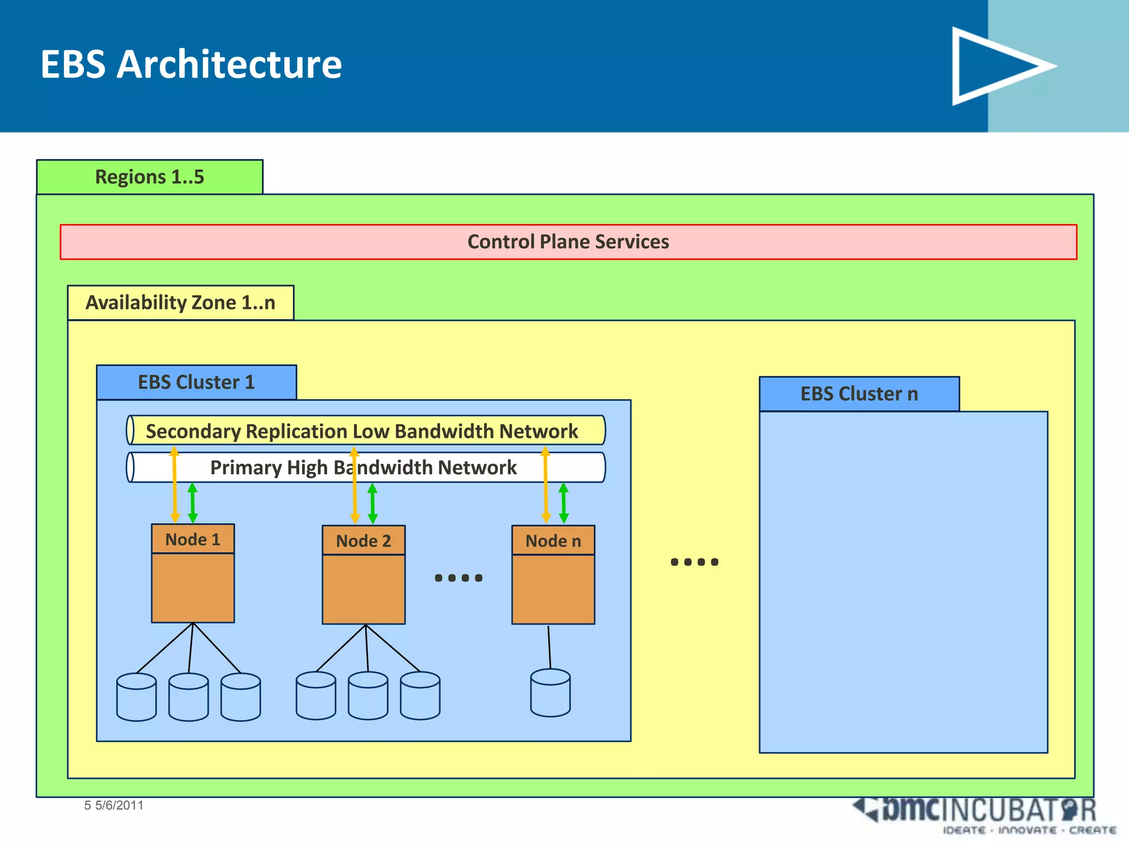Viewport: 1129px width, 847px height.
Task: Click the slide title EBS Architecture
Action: [191, 65]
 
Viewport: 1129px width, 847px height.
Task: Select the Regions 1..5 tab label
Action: [149, 177]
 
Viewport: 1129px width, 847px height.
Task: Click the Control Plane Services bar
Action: [568, 242]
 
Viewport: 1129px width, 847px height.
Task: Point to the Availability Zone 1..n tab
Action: [180, 303]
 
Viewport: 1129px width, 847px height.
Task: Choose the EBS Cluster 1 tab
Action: [196, 382]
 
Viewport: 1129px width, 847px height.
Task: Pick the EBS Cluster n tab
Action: [859, 394]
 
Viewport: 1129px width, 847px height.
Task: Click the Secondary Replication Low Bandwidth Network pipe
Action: [362, 431]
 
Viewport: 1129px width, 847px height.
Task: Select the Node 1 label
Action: [193, 539]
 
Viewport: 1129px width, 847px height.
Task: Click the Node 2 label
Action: [363, 541]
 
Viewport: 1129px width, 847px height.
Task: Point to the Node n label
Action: [553, 541]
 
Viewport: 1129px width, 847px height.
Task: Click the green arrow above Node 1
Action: [192, 503]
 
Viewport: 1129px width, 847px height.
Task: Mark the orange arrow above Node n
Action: [546, 485]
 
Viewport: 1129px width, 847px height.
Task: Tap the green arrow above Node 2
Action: [373, 503]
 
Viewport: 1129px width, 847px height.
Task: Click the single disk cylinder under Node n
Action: [550, 693]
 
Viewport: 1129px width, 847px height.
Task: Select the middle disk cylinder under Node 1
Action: [189, 697]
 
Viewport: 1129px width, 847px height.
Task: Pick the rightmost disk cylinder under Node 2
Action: [420, 695]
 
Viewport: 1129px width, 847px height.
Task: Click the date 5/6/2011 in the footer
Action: [119, 805]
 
